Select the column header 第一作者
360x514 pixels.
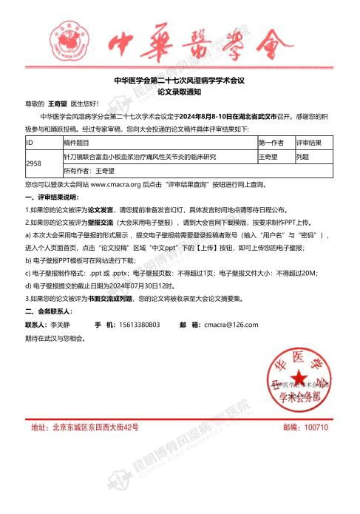pos(271,141)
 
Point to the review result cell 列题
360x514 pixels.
pos(302,157)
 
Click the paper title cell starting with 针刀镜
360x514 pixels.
pos(140,157)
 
